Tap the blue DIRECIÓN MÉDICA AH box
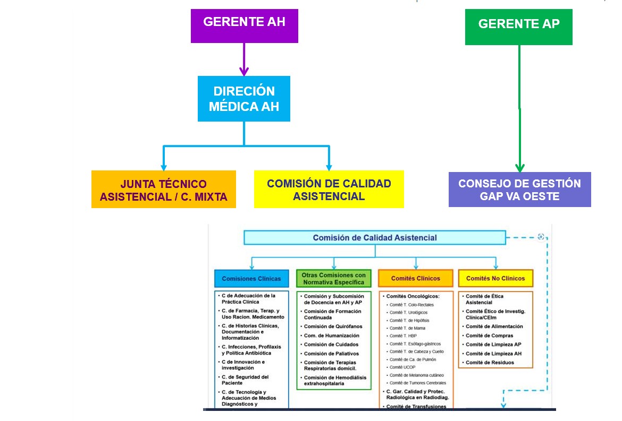[x=244, y=99]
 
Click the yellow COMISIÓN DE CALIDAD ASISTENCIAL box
[x=329, y=190]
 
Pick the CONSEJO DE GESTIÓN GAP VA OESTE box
[x=519, y=190]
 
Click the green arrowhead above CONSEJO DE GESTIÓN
[x=519, y=167]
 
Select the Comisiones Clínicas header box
[x=251, y=278]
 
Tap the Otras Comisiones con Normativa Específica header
[x=333, y=279]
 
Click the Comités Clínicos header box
[x=415, y=278]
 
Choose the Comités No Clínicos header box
[x=495, y=278]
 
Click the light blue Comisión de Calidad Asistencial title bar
[x=374, y=238]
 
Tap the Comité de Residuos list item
[x=490, y=363]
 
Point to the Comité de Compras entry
[x=489, y=336]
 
